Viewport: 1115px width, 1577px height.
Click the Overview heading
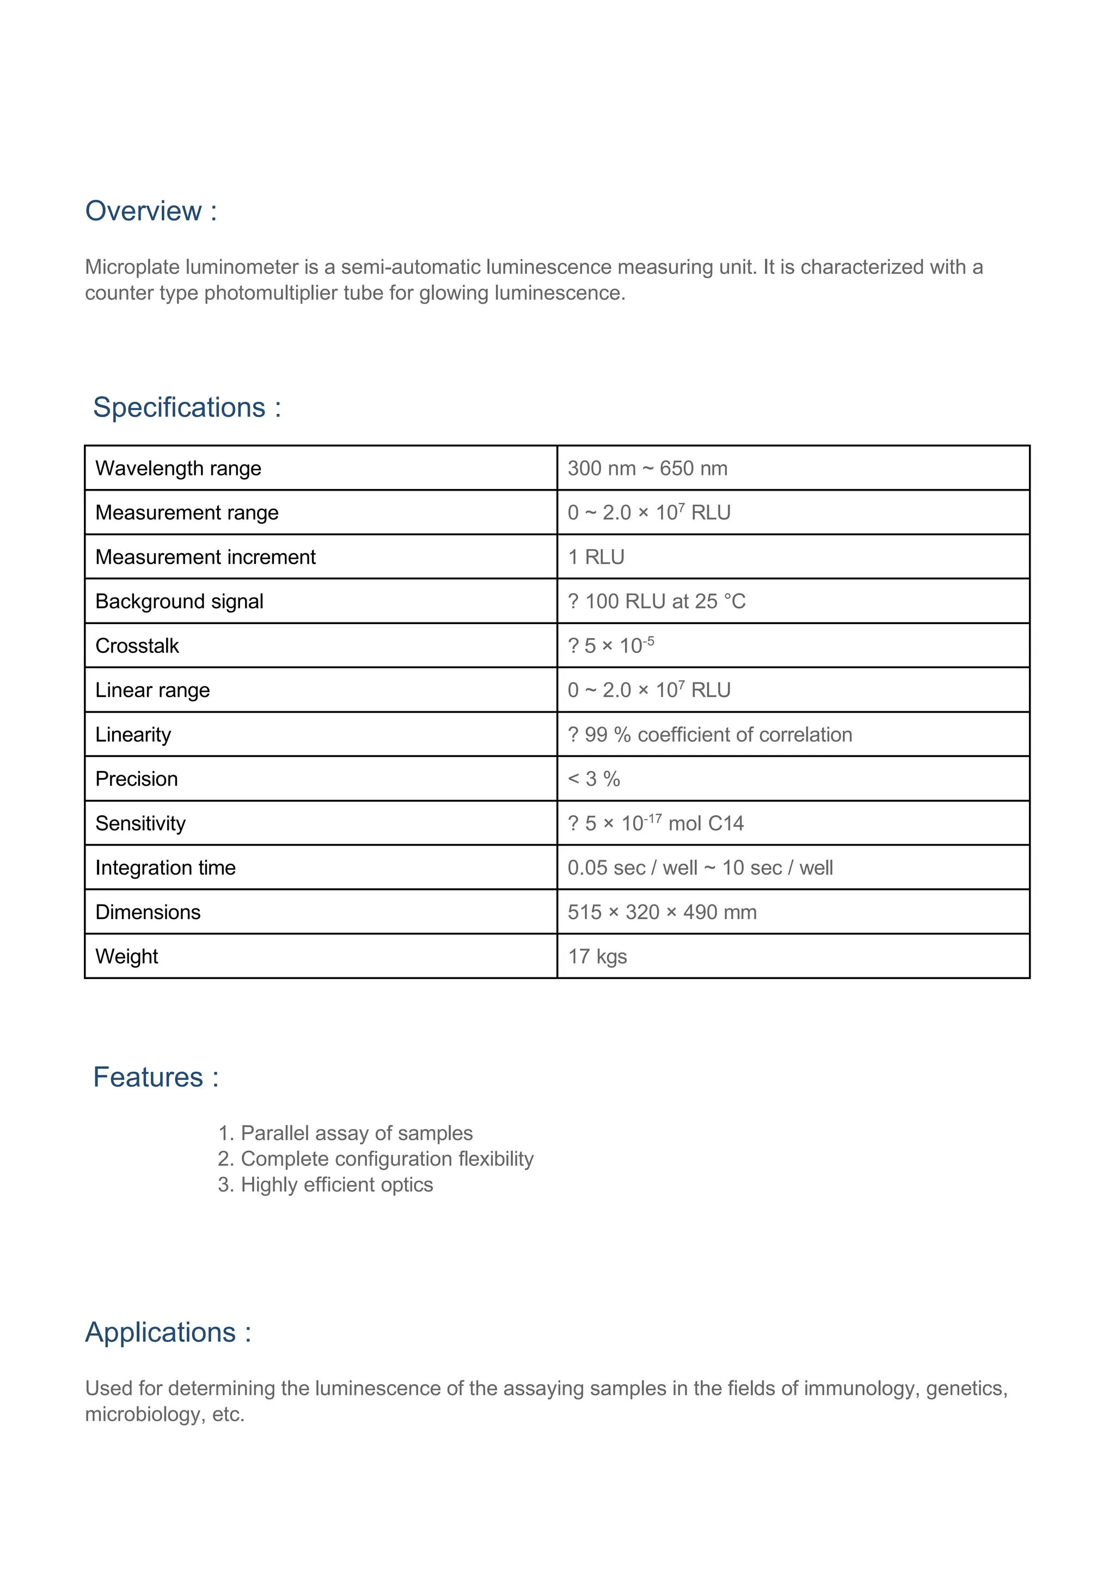150,211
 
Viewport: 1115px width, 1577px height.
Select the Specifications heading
187,407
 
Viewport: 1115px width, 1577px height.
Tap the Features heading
156,1077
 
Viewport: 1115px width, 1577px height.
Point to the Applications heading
168,1332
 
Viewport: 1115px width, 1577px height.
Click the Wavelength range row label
178,468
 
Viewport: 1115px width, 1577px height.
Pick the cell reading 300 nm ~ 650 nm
647,468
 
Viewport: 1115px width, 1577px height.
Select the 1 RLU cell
596,557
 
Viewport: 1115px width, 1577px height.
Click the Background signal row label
179,602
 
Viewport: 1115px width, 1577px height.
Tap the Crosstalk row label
137,646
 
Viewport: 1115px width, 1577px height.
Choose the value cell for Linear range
649,690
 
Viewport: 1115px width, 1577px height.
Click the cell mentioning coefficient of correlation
710,735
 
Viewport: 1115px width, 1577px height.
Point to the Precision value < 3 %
594,779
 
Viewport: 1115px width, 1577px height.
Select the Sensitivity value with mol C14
655,823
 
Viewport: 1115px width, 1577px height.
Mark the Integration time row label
166,868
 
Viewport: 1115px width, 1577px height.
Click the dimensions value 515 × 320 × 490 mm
662,912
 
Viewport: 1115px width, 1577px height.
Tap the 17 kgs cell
597,957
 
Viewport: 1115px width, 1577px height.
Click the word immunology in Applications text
860,1388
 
